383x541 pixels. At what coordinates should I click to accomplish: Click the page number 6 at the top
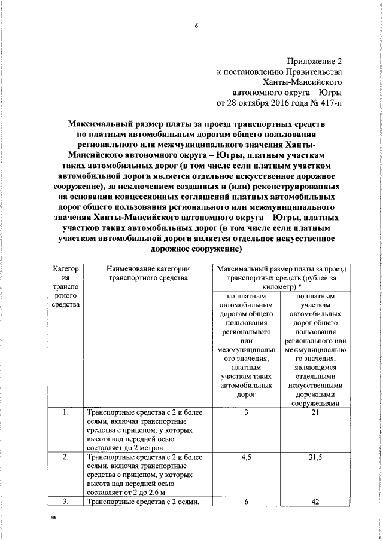pyautogui.click(x=196, y=26)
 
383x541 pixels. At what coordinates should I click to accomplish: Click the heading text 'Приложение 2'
pyautogui.click(x=314, y=61)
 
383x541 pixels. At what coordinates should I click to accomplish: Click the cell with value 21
pyautogui.click(x=314, y=412)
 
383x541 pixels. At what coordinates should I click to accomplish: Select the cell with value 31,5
pyautogui.click(x=314, y=457)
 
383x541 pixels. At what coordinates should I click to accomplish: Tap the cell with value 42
pyautogui.click(x=314, y=502)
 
